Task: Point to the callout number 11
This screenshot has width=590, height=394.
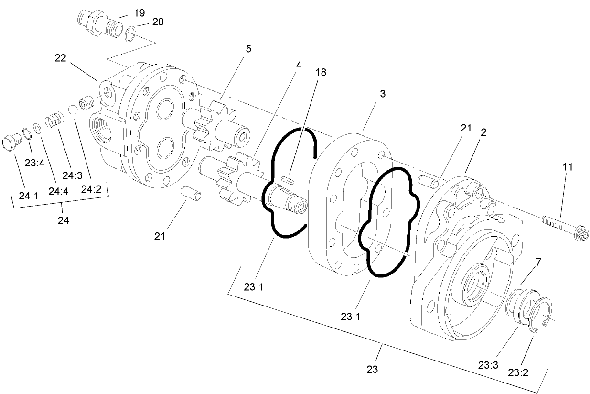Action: point(567,167)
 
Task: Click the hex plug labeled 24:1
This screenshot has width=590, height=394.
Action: point(12,142)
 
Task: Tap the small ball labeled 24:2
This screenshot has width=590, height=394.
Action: point(73,109)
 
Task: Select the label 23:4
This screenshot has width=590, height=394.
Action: point(34,163)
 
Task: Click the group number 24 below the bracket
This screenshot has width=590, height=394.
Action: point(63,220)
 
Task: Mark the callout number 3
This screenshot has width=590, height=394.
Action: point(382,94)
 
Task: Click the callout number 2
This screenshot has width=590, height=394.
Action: point(483,132)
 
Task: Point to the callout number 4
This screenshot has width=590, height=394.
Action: point(299,65)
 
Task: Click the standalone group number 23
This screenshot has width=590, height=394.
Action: point(373,369)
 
